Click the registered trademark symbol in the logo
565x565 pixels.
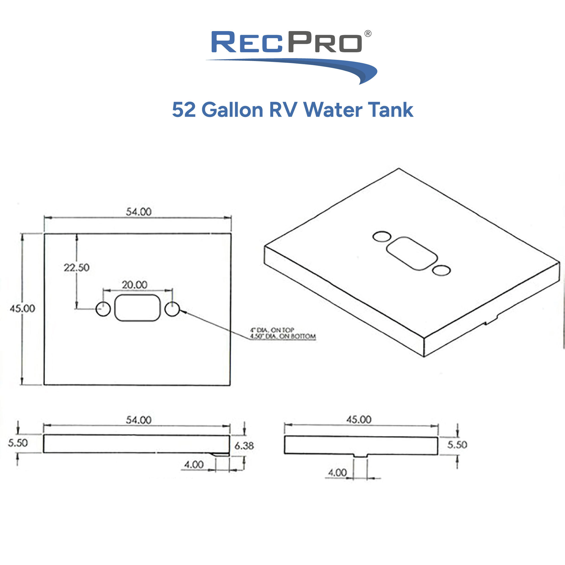tap(368, 34)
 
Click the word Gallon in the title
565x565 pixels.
tap(232, 110)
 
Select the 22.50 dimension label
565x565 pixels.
tap(77, 267)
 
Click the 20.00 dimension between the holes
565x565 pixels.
tap(134, 284)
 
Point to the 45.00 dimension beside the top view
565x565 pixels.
tap(23, 308)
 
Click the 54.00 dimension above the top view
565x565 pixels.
tap(139, 212)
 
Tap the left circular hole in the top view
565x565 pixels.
tap(103, 309)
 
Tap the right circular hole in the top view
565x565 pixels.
tap(172, 309)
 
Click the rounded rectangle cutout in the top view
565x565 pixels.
tap(138, 308)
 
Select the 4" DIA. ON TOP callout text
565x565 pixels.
tap(272, 330)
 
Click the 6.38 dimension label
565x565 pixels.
tap(244, 446)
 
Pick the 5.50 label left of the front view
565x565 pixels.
tap(18, 443)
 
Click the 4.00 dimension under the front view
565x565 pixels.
tap(194, 464)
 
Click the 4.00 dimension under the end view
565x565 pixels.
tap(337, 472)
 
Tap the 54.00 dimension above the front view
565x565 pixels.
tap(139, 420)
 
